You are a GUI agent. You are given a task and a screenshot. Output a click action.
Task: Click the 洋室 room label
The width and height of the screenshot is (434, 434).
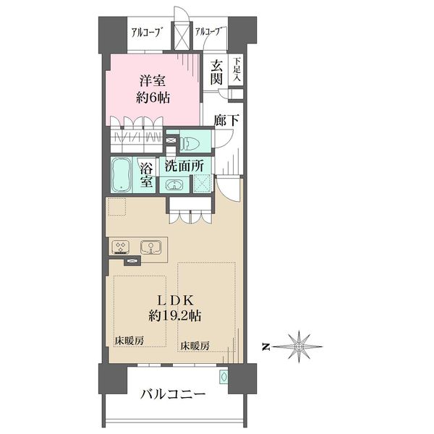[153, 80]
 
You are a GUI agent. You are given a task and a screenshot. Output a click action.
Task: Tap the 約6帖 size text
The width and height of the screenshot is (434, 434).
[153, 98]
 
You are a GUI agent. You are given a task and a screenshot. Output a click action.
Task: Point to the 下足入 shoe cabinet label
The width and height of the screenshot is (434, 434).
[237, 69]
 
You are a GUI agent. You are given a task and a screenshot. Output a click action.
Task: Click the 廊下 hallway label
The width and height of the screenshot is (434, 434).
[226, 120]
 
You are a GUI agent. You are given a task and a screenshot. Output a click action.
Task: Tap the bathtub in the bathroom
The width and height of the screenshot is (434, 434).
[122, 174]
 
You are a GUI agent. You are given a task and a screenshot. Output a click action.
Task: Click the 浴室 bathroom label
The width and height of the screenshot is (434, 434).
[146, 175]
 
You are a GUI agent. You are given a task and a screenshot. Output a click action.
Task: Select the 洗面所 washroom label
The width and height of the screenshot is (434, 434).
[184, 166]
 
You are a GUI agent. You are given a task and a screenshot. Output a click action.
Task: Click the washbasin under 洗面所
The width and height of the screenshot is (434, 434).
[174, 184]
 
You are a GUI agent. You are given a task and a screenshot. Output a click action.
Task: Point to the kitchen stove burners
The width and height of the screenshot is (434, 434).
[121, 247]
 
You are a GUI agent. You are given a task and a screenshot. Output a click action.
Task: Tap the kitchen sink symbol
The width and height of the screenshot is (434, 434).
[151, 247]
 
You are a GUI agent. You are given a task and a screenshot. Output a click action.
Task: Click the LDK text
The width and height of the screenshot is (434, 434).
[175, 300]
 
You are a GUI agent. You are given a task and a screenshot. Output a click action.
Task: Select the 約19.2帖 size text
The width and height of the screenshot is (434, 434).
[175, 315]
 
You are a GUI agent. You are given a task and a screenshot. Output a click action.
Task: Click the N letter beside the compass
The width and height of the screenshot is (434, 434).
[266, 346]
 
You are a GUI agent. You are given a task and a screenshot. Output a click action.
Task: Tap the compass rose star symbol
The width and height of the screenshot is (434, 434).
[298, 346]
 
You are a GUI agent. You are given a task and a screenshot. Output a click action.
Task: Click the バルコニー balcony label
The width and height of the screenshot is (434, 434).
[173, 394]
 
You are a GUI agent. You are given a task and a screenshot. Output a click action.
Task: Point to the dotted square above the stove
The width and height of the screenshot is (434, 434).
[116, 207]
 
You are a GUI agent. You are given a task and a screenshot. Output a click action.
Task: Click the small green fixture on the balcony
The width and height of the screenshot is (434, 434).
[224, 377]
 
